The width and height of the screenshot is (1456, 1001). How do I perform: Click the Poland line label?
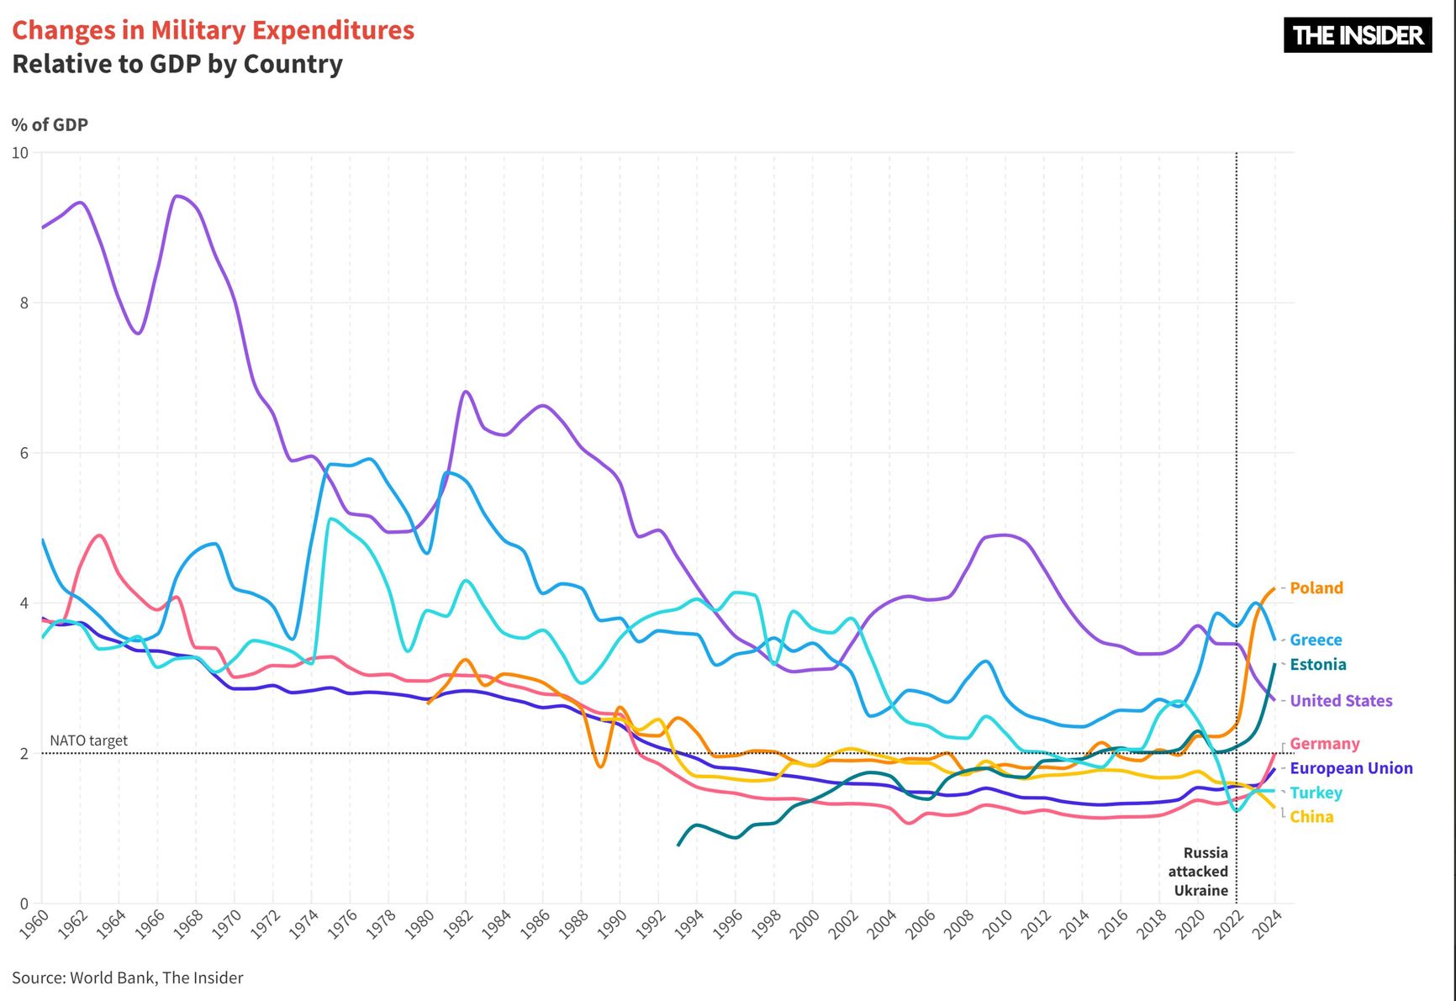tap(1316, 588)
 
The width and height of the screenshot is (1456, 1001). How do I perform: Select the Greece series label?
tap(1316, 640)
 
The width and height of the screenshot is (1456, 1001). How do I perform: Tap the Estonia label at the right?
tap(1317, 665)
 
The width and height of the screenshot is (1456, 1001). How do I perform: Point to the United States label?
tap(1341, 701)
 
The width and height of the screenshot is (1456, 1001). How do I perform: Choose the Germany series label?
tap(1324, 744)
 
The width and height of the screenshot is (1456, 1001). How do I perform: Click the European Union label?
tap(1351, 768)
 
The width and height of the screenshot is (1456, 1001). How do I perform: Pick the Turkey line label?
tap(1316, 793)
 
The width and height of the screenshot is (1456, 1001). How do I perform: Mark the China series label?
tap(1311, 817)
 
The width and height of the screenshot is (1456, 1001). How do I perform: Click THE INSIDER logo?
tap(1358, 35)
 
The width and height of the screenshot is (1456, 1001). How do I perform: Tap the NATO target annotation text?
tap(88, 740)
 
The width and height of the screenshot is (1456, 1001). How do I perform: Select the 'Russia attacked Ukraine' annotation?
tap(1200, 872)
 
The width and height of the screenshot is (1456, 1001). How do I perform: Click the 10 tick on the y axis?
tap(19, 153)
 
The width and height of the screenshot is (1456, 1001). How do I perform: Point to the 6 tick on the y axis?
tap(24, 453)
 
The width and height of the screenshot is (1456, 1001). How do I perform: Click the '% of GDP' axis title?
tap(50, 125)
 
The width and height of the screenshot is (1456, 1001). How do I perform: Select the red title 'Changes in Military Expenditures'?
tap(213, 30)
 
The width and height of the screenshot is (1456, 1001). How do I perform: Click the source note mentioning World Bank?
tap(128, 977)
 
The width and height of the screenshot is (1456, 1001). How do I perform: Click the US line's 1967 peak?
tap(177, 197)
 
